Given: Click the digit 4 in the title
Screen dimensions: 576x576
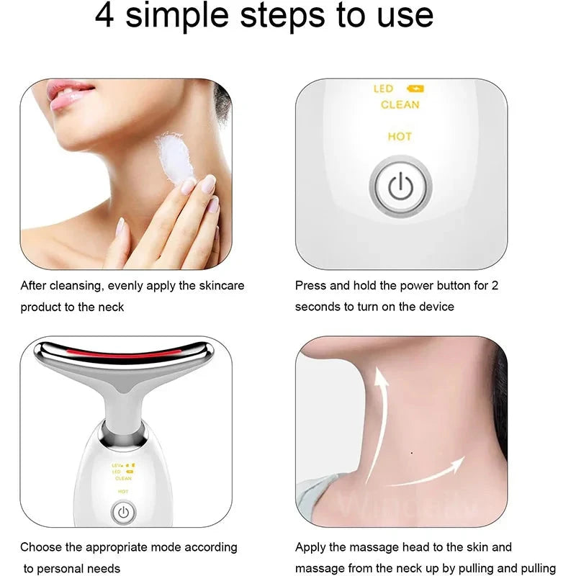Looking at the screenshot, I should pos(105,16).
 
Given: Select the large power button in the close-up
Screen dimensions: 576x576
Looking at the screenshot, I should pos(400,186).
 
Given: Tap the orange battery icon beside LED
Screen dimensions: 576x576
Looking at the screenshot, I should pos(415,89).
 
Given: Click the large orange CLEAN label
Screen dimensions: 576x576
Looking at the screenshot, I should pos(400,105).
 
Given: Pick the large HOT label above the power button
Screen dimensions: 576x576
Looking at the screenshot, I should pos(400,136).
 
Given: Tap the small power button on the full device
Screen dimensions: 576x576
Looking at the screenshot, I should pos(123,513).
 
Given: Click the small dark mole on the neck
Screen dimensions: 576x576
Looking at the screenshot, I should pos(410,453).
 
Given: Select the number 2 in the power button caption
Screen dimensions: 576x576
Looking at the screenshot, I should pos(495,286).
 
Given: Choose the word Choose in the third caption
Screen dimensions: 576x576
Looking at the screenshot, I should pos(40,547).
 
